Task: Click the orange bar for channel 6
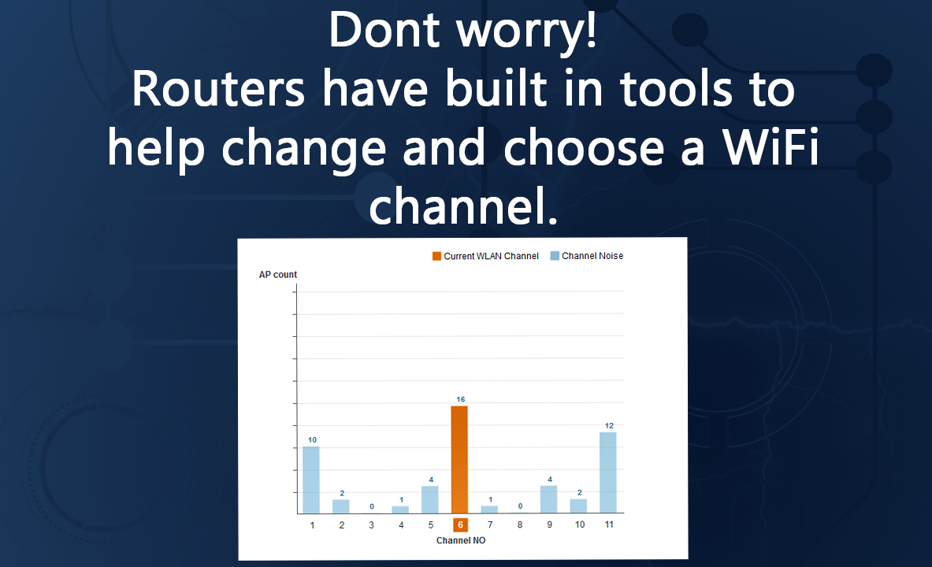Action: [459, 459]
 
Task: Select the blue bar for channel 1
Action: [311, 480]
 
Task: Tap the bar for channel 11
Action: [608, 472]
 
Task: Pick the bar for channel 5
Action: [429, 500]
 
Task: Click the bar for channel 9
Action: [548, 500]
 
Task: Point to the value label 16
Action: [461, 399]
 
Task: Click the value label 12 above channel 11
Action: [609, 425]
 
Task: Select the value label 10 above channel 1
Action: [312, 439]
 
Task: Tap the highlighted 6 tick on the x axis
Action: [460, 524]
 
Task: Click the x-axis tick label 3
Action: [372, 524]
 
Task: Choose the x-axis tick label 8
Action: [520, 524]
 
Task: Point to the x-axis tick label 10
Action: [580, 524]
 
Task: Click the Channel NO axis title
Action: [461, 540]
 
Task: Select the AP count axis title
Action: [277, 275]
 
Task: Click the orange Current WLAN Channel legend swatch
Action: [436, 256]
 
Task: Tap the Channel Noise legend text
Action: [592, 256]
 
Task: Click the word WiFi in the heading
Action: [771, 146]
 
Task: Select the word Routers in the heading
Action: [218, 89]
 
